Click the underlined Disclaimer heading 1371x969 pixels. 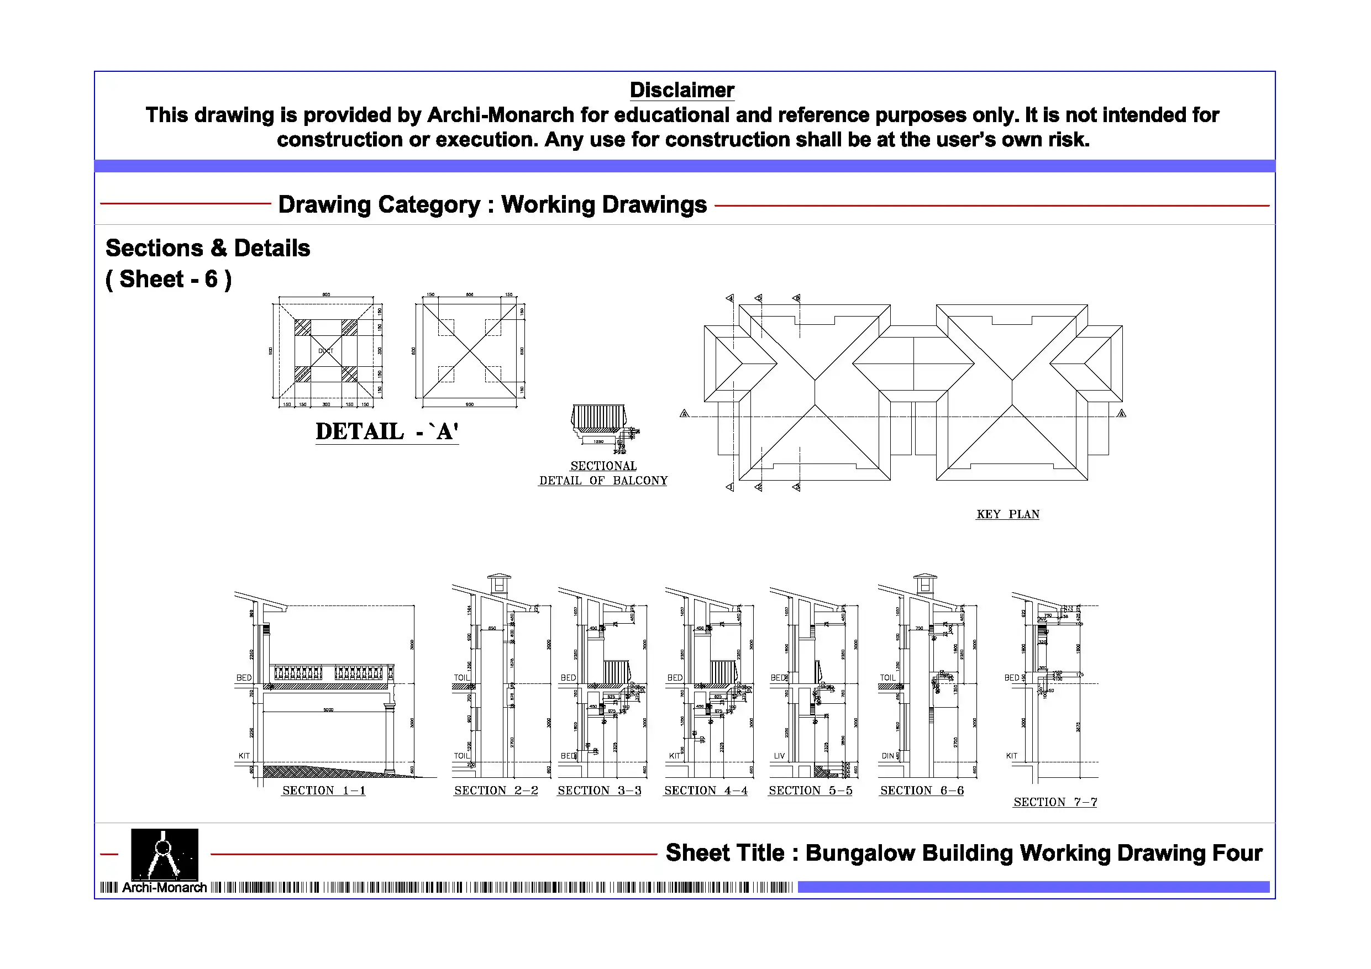tap(681, 90)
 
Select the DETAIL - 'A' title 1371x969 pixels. tap(386, 431)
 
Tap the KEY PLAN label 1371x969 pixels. tap(1007, 514)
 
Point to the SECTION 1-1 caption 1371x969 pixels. tap(324, 791)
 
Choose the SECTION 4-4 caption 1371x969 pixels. tap(705, 791)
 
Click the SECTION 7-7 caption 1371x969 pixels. tap(1054, 802)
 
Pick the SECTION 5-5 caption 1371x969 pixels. tap(810, 791)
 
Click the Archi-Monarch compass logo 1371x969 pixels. tap(164, 854)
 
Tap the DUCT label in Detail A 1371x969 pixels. tap(325, 351)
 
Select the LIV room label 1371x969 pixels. tap(779, 756)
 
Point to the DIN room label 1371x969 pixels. tap(887, 756)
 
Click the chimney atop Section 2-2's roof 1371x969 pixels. tap(498, 583)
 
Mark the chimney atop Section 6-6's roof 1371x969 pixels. tap(924, 583)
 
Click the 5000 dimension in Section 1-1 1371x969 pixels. tap(328, 710)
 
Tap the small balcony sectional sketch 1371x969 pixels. tap(600, 423)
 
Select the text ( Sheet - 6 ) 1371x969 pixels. tap(169, 280)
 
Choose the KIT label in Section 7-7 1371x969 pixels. tap(1011, 756)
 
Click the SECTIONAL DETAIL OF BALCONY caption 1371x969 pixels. tap(603, 473)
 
